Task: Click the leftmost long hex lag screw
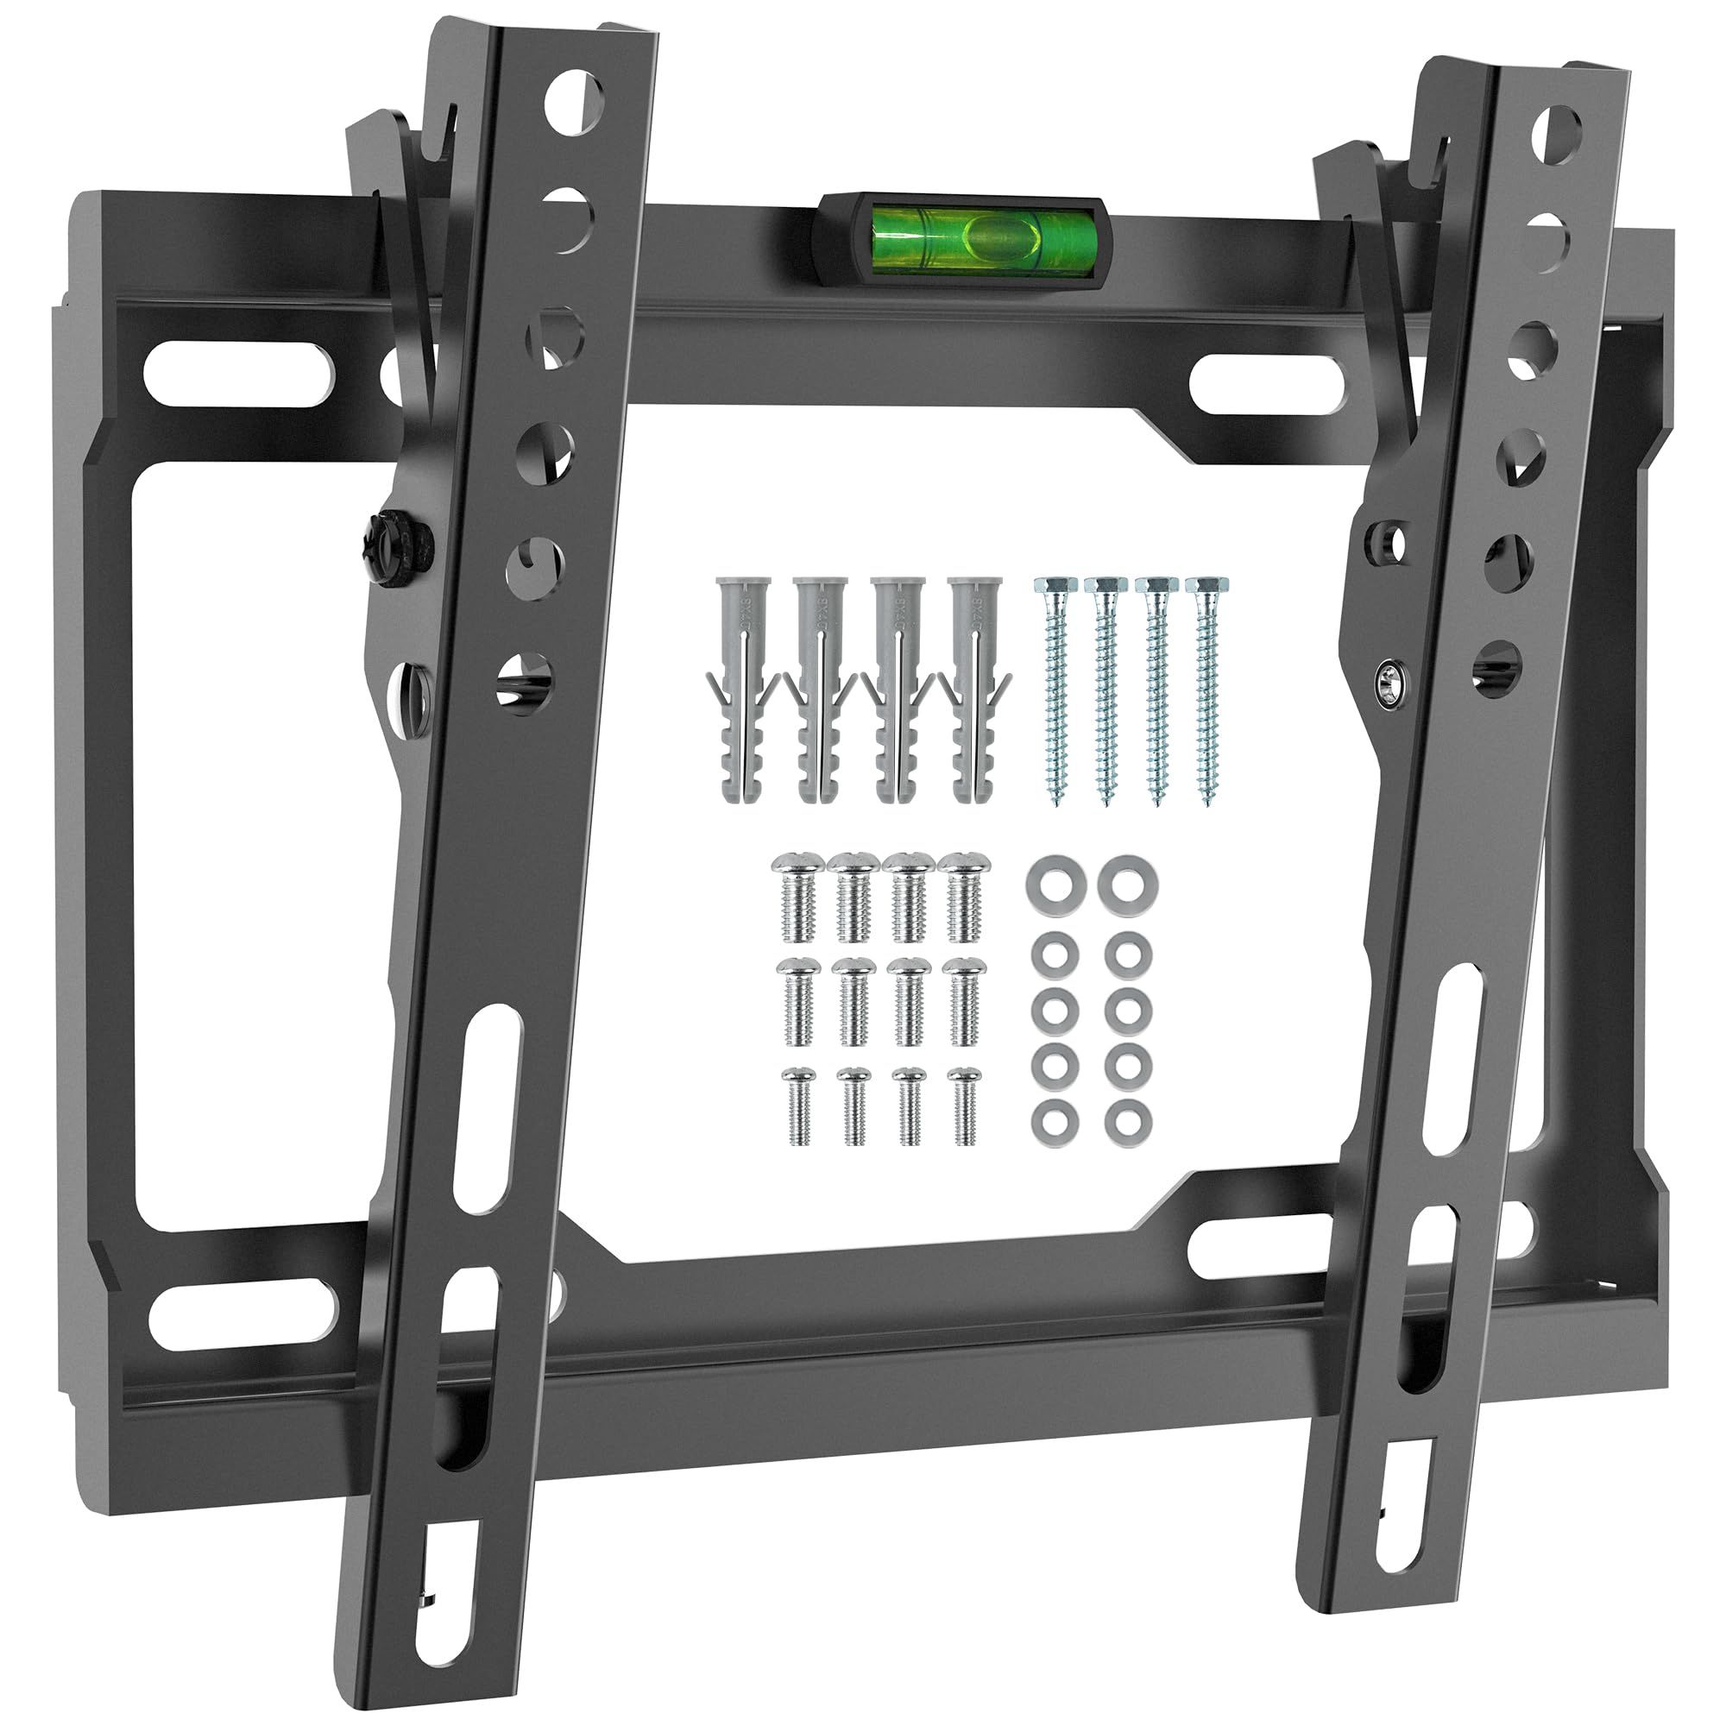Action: pyautogui.click(x=1055, y=688)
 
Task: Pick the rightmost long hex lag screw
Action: pyautogui.click(x=1206, y=688)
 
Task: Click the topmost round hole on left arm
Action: pyautogui.click(x=576, y=101)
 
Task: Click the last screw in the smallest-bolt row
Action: pyautogui.click(x=965, y=1106)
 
